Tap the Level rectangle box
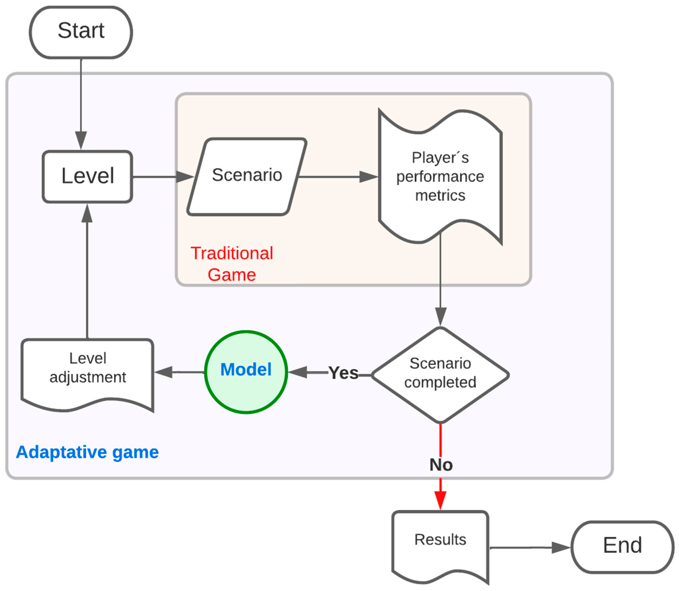pos(87,176)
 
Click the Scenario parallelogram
pos(247,176)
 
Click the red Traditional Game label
pos(232,264)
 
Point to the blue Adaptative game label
pos(87,452)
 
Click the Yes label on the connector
pos(343,373)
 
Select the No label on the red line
pos(441,465)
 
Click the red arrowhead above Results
pos(440,500)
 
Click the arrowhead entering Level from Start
pos(81,140)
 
